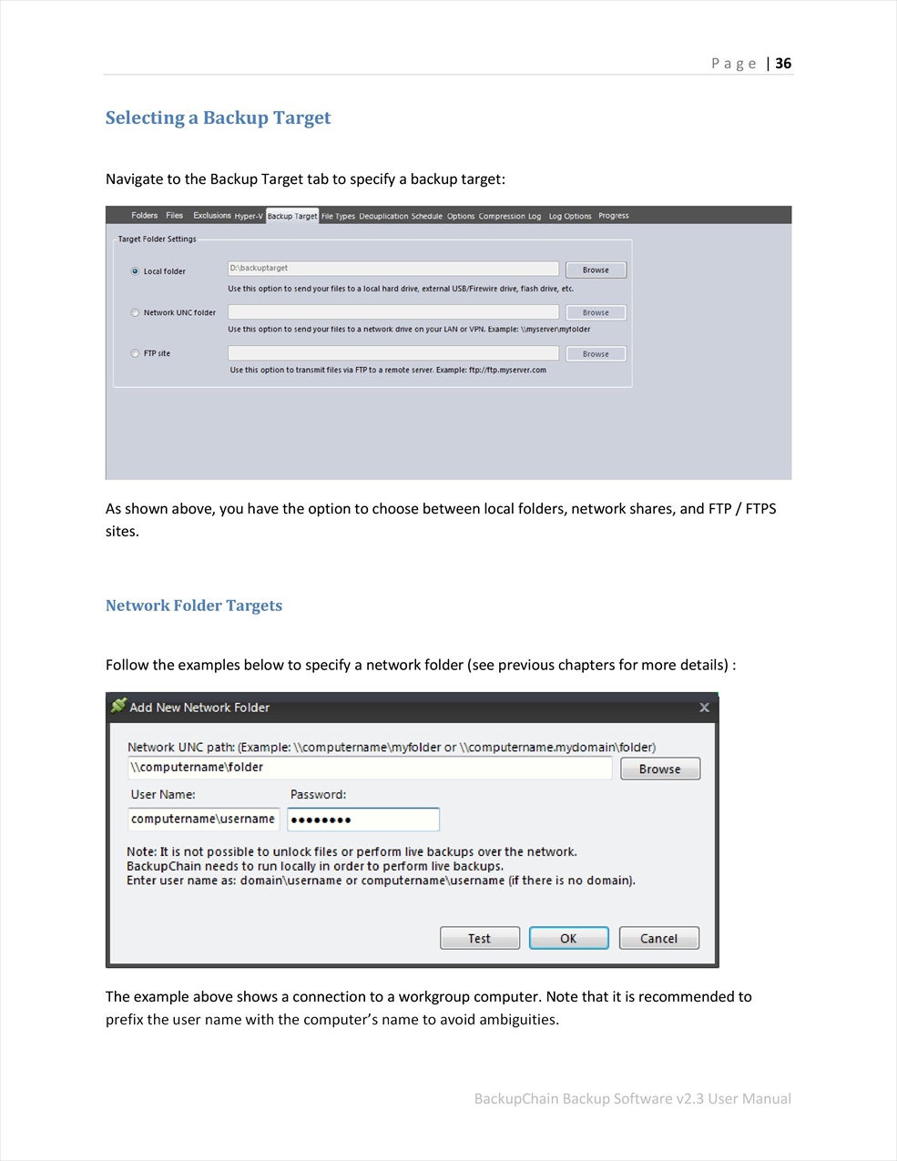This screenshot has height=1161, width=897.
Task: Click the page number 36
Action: click(783, 63)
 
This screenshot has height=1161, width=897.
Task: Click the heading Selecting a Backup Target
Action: click(218, 117)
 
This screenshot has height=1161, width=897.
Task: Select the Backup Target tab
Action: click(292, 216)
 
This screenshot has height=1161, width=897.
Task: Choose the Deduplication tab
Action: click(382, 216)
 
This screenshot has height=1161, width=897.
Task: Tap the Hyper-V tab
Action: click(248, 216)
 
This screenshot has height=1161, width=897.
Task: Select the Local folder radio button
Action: click(136, 271)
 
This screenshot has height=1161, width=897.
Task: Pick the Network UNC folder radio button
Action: click(136, 312)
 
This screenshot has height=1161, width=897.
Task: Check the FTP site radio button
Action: click(136, 353)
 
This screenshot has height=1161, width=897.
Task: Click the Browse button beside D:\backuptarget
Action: click(596, 270)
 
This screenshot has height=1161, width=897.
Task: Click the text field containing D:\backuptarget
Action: click(392, 269)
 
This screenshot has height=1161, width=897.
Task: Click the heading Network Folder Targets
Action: click(194, 606)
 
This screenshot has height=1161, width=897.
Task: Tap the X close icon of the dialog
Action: click(704, 708)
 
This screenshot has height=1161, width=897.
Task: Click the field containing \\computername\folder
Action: click(369, 768)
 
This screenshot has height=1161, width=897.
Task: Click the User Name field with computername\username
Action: click(203, 820)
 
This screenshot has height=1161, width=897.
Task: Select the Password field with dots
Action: click(363, 820)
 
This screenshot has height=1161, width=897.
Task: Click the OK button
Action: click(568, 938)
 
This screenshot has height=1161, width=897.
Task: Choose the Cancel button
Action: click(658, 938)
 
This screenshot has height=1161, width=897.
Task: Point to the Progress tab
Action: click(614, 216)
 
